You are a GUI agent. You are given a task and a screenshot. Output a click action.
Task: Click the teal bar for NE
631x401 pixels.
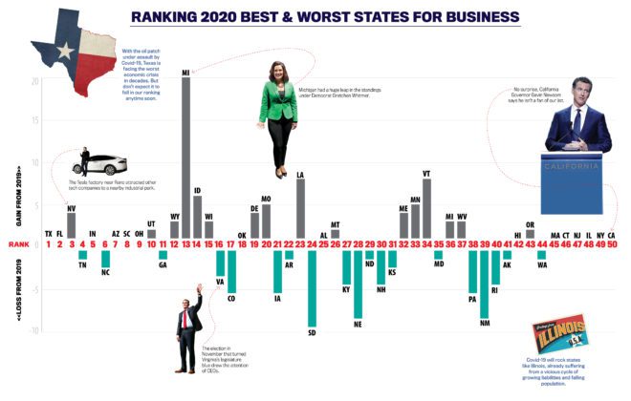[358, 283]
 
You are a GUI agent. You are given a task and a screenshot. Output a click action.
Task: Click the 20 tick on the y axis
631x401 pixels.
[34, 80]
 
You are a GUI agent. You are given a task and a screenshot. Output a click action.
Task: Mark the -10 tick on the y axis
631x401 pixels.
[34, 330]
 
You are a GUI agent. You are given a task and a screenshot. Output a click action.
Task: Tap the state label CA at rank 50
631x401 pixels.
[611, 235]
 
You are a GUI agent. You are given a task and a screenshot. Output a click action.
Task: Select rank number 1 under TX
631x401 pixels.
[49, 245]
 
